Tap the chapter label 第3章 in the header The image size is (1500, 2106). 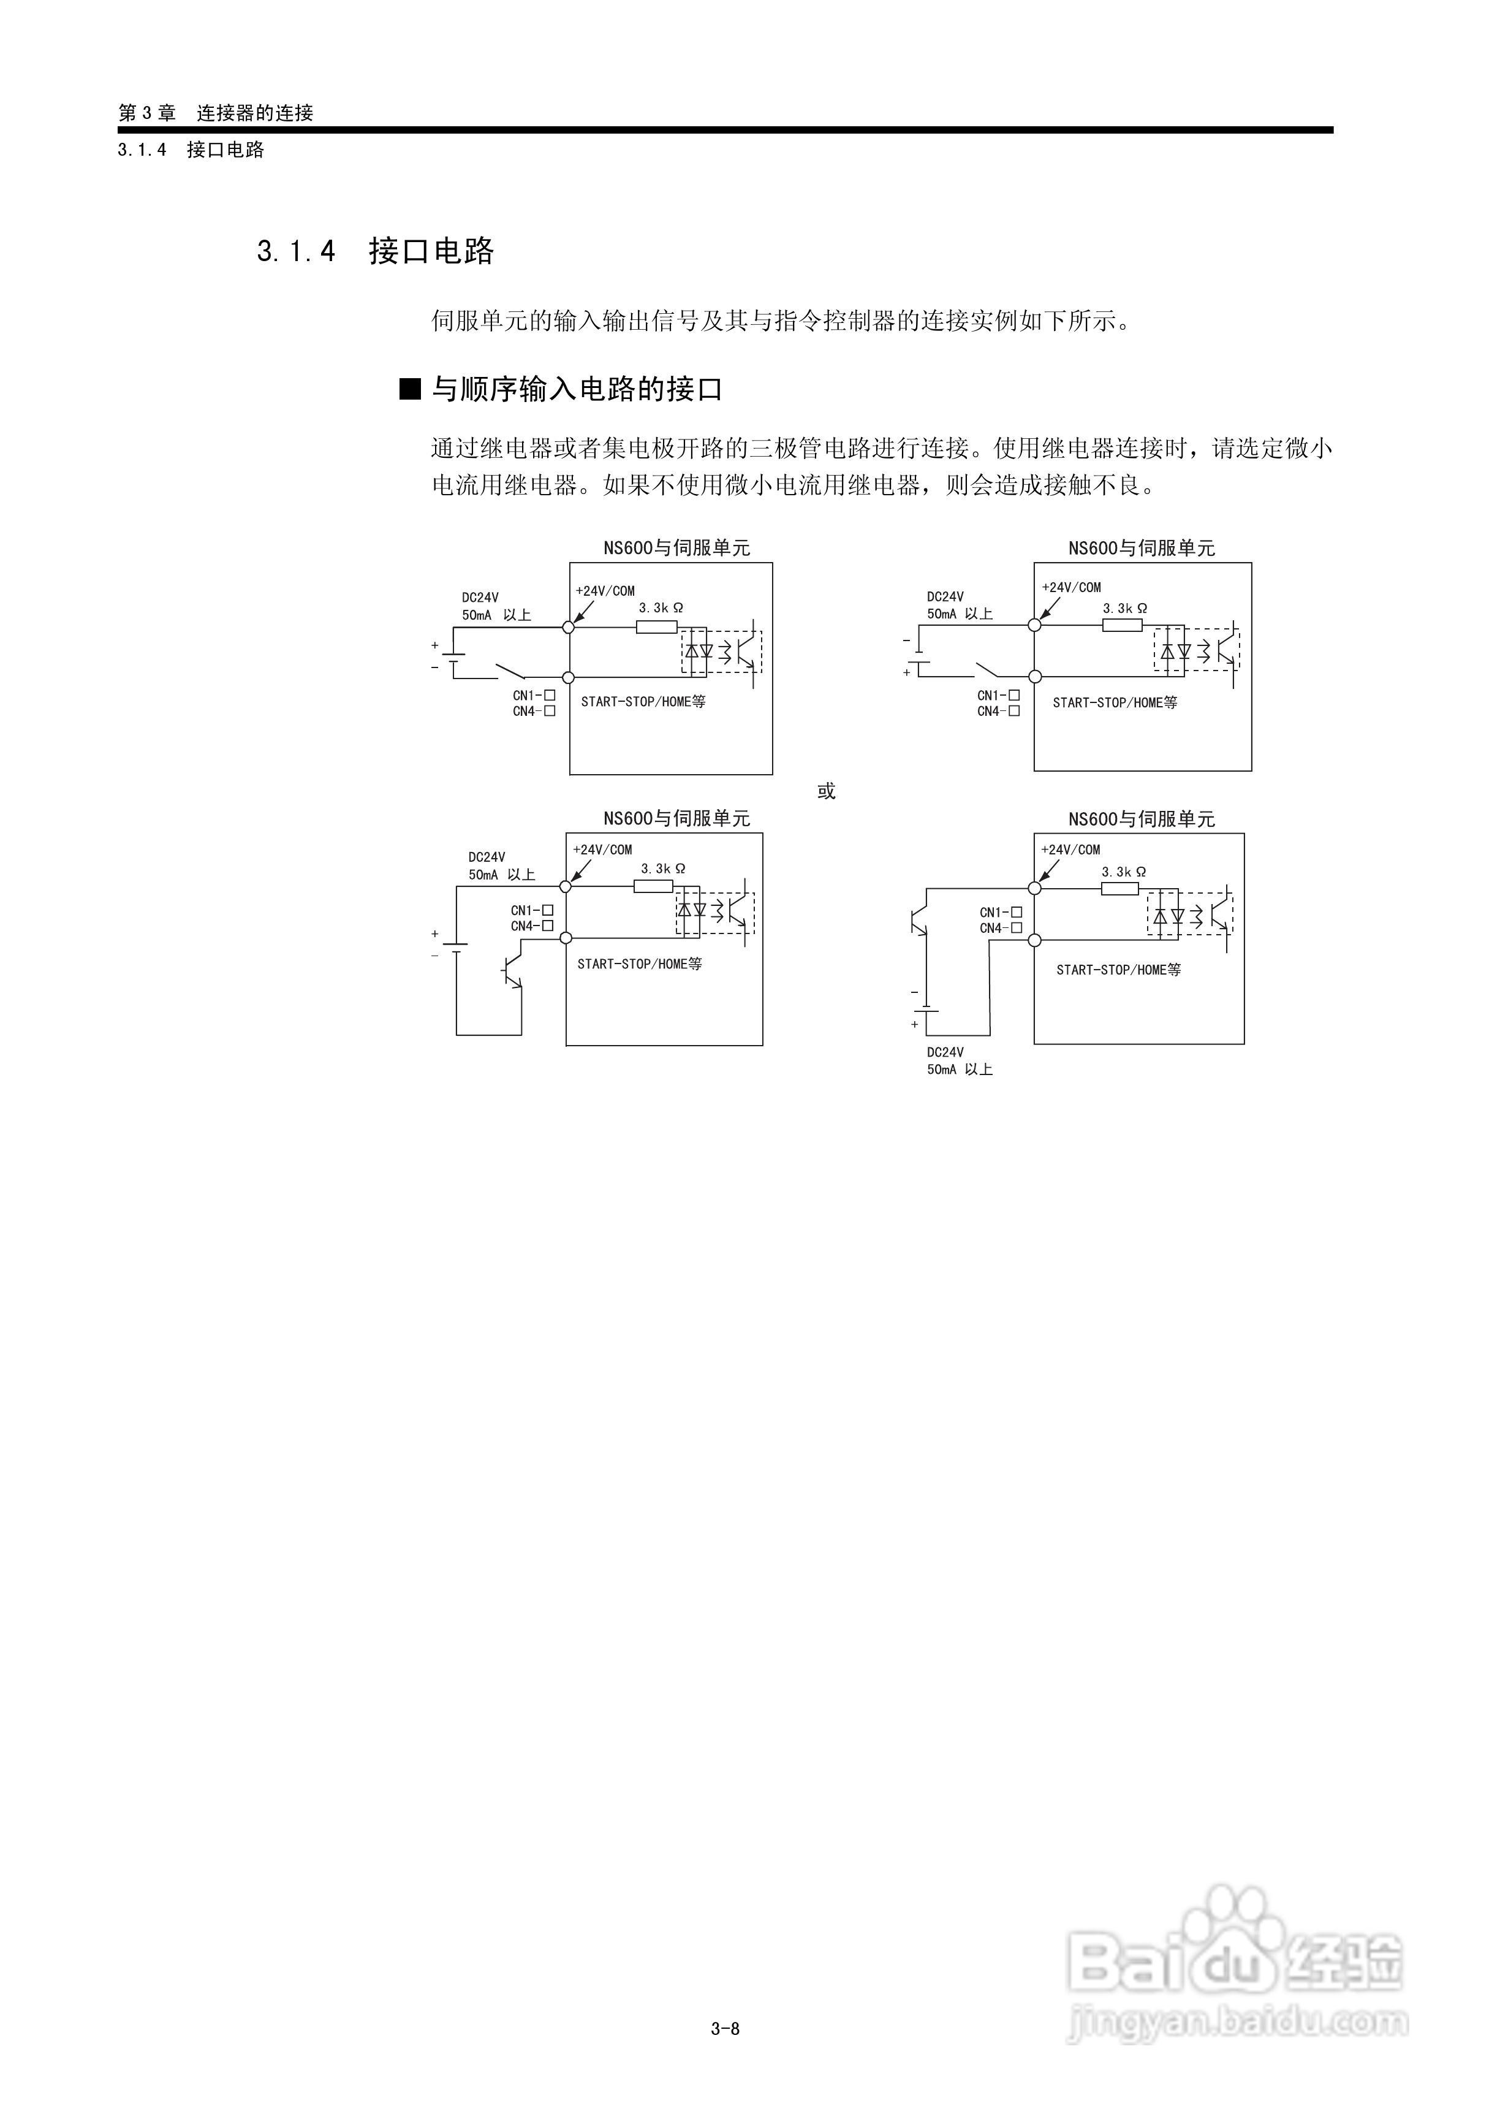pyautogui.click(x=147, y=113)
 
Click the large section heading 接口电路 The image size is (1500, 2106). pyautogui.click(x=431, y=251)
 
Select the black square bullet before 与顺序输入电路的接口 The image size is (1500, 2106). pyautogui.click(x=409, y=389)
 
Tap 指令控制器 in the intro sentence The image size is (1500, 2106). pyautogui.click(x=824, y=321)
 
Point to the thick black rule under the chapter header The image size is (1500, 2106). pyautogui.click(x=725, y=130)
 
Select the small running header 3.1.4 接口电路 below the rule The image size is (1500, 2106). pyautogui.click(x=191, y=150)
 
